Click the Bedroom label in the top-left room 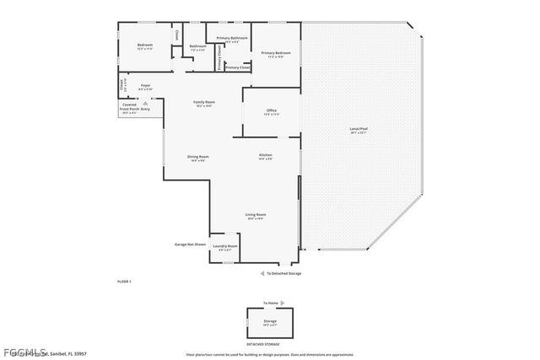[145, 44]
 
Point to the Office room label [272, 110]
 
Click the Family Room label [204, 102]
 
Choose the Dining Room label [198, 157]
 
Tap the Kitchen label [265, 156]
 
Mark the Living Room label [256, 215]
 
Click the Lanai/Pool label [359, 130]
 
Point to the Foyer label [145, 85]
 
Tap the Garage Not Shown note [190, 244]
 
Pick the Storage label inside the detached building [270, 321]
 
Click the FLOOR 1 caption [124, 280]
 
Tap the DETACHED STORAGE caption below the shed [263, 345]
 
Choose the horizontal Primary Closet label [237, 67]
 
